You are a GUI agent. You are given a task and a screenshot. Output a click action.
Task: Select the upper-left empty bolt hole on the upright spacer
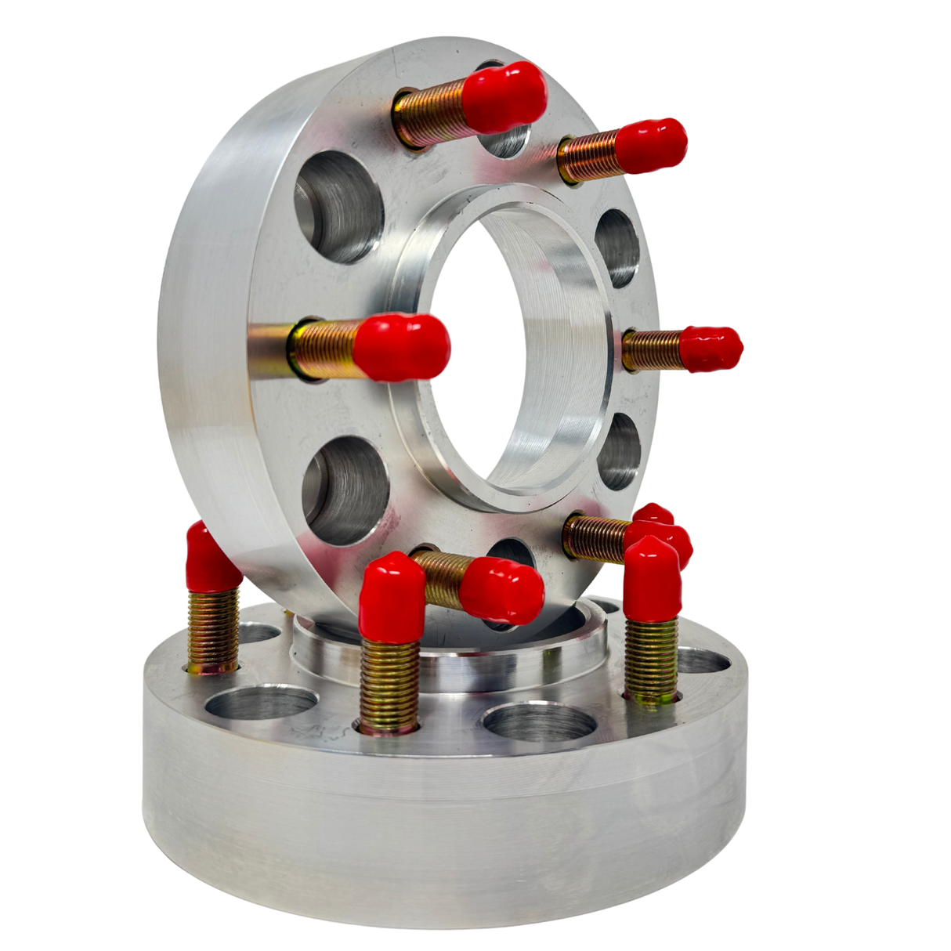coord(338,207)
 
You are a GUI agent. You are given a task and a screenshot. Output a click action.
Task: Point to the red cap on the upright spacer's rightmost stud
coord(710,348)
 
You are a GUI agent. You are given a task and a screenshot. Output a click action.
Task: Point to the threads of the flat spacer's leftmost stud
coord(213,630)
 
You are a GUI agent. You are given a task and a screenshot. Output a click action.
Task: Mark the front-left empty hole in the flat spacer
coord(260,701)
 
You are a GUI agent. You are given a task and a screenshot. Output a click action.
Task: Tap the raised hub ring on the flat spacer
coord(450,666)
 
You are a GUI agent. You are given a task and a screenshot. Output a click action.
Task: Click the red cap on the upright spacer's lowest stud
coord(501,590)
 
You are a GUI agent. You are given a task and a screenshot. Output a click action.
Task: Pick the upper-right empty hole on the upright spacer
coord(617,248)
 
